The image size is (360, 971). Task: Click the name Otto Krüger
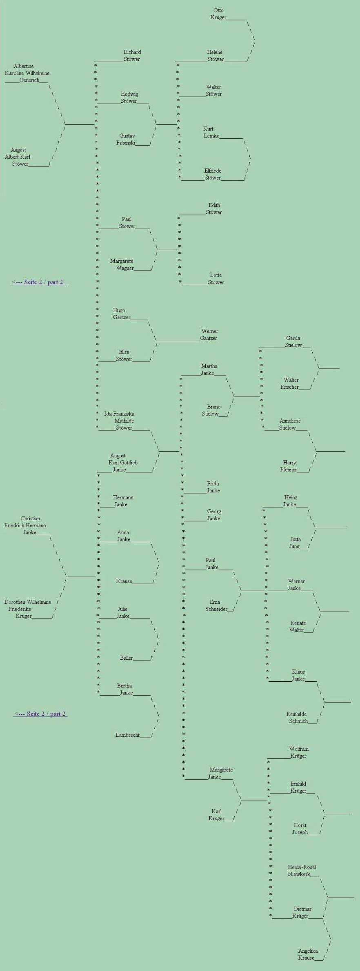point(218,14)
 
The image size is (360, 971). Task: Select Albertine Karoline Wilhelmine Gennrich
point(27,73)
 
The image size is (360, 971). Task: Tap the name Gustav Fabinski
point(127,140)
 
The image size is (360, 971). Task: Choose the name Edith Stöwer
point(214,208)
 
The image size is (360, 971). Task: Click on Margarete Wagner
point(122,264)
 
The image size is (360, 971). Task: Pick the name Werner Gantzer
point(209,335)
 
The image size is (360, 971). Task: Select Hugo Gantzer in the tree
point(121,314)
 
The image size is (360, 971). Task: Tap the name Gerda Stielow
point(293,341)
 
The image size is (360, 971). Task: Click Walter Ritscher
point(291,384)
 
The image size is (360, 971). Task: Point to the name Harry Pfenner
point(289,466)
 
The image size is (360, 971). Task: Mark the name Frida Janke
point(213,487)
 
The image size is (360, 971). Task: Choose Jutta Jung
point(295,543)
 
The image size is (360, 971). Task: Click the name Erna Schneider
point(216,605)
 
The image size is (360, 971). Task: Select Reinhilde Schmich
point(297,717)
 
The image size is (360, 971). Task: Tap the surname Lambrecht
point(127,735)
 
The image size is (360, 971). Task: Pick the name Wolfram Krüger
point(298,752)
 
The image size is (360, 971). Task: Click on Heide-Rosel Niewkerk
point(301,870)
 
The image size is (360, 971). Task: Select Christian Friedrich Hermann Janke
point(25,525)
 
